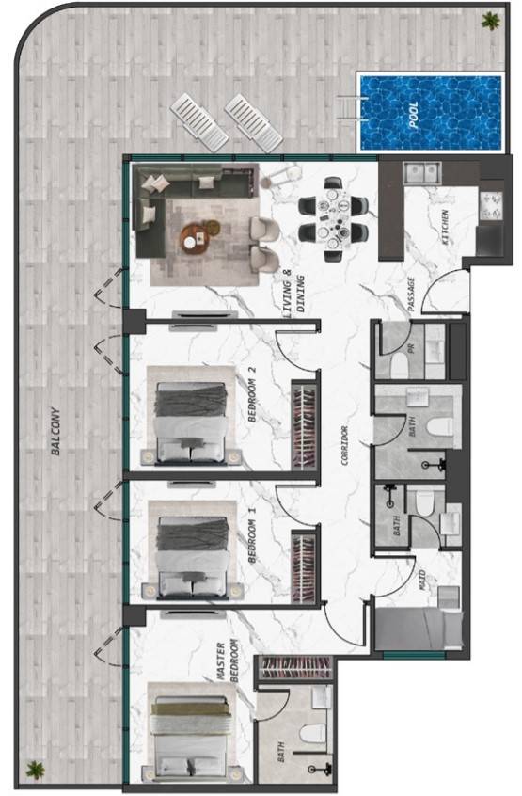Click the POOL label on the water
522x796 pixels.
(x=414, y=115)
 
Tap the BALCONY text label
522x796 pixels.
(x=55, y=431)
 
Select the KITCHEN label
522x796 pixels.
(x=446, y=228)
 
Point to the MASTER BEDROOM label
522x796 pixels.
(x=227, y=661)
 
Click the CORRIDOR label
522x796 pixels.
(x=345, y=446)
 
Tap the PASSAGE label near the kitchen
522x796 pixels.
(x=411, y=294)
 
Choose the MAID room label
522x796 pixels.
(x=422, y=581)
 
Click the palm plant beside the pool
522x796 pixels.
(x=490, y=21)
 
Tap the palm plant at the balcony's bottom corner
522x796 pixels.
(x=35, y=770)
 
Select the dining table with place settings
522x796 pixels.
(x=333, y=219)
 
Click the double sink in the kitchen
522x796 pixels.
(x=421, y=172)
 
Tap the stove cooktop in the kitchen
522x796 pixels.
(x=491, y=204)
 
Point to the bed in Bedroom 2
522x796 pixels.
(x=191, y=422)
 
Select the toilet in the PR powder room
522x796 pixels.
(x=401, y=365)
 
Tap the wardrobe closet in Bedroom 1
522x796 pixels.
(x=304, y=567)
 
